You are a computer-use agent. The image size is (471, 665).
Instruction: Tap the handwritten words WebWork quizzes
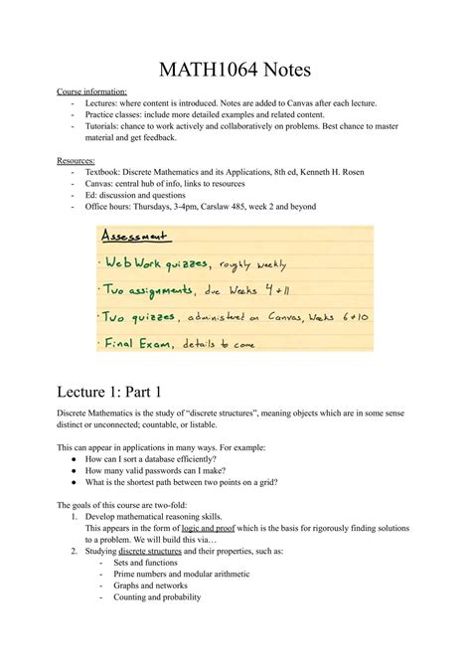(x=156, y=264)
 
